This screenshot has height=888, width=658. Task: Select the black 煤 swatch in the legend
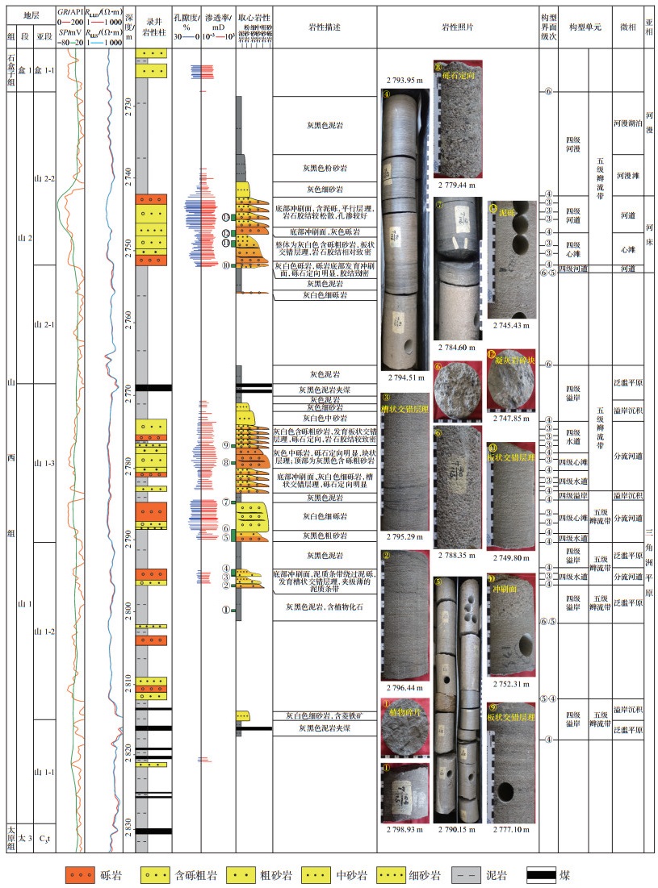542,873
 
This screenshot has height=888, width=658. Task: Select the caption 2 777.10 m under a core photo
509,830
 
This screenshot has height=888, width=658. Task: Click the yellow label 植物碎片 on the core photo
404,712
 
